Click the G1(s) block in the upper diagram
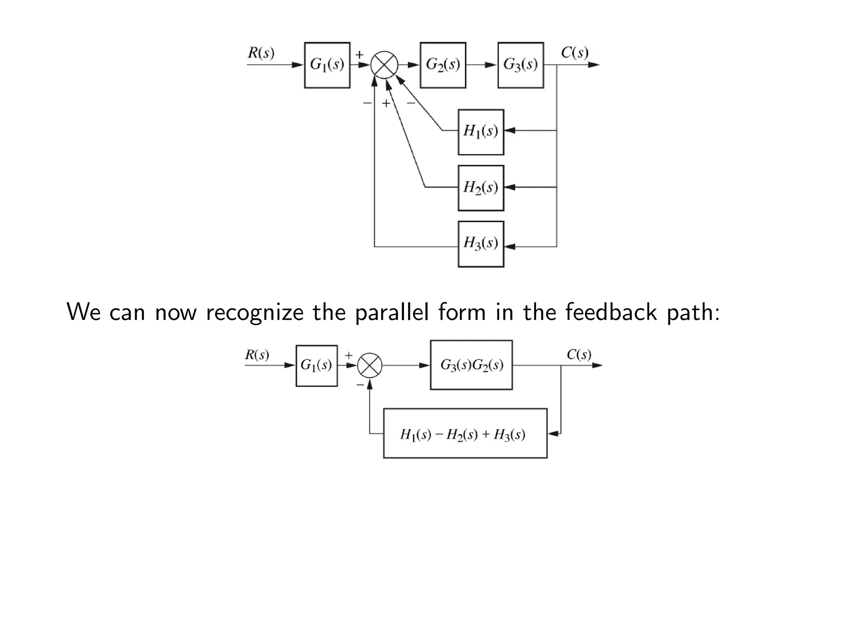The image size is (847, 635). click(327, 65)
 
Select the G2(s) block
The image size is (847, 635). click(443, 65)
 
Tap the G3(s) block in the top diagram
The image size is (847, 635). click(520, 65)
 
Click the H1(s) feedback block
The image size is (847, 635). click(481, 132)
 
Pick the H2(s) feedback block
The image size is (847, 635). click(481, 188)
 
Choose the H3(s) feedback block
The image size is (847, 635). click(481, 244)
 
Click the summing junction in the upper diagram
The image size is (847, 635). click(384, 65)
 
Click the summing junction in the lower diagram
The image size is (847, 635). click(369, 365)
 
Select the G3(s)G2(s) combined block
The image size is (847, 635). click(471, 365)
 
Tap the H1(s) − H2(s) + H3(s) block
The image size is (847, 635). click(465, 433)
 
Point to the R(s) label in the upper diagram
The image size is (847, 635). click(261, 53)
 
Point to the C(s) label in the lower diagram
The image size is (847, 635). click(579, 354)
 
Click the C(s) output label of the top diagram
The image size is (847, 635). click(574, 53)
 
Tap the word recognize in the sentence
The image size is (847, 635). click(254, 312)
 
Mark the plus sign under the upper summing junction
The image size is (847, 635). click(385, 103)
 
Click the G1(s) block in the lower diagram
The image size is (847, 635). click(316, 365)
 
